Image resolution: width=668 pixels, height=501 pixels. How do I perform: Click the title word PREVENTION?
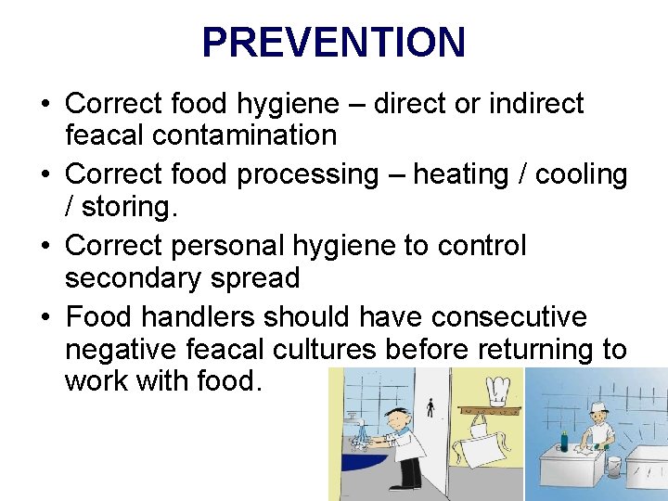[333, 43]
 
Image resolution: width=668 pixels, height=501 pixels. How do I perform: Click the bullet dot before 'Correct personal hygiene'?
[45, 247]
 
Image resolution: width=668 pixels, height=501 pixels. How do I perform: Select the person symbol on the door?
[429, 407]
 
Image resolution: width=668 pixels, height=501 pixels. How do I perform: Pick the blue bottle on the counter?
[563, 441]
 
